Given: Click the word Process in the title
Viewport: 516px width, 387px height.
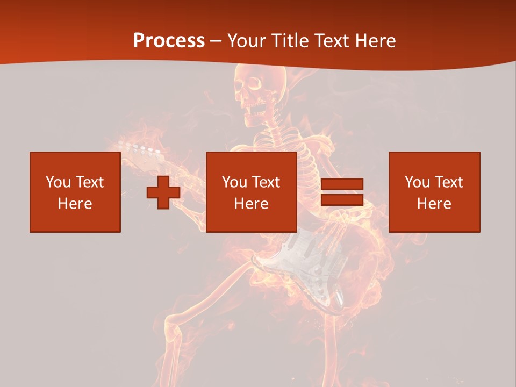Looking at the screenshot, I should (169, 40).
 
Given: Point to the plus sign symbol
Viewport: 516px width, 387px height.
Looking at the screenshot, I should (163, 192).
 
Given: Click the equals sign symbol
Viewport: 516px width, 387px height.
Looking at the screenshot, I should (342, 192).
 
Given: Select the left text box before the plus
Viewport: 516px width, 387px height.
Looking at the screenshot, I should (75, 192).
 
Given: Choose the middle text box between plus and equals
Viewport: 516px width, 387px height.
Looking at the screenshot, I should (251, 192).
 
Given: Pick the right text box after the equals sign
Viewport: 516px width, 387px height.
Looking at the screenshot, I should (434, 192).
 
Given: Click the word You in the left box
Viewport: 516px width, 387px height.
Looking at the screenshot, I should (58, 182).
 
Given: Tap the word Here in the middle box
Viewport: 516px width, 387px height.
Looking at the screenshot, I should (251, 204).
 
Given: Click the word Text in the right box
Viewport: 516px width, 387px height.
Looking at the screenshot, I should (449, 182).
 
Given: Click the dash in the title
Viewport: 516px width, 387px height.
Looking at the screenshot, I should (216, 40).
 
